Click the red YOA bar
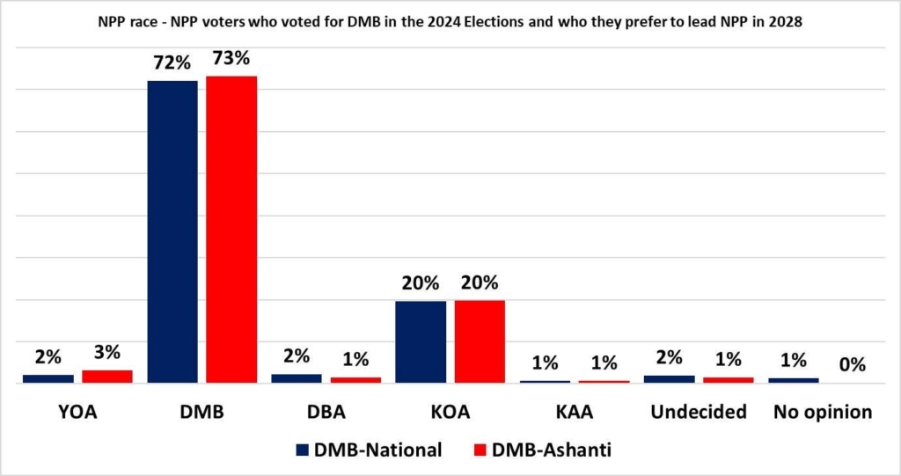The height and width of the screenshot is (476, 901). click(106, 377)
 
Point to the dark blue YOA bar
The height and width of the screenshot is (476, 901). click(48, 378)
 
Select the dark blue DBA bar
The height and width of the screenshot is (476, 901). click(297, 378)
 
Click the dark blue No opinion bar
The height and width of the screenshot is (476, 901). click(794, 380)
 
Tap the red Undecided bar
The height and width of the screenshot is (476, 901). click(728, 380)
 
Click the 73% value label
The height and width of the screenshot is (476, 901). click(231, 60)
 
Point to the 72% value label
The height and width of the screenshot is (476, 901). click(172, 64)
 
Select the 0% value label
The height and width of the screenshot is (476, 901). click(853, 364)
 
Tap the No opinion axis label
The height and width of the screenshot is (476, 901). click(823, 412)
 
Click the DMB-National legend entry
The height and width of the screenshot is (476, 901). click(369, 450)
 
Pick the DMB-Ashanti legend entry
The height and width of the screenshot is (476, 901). click(540, 450)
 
